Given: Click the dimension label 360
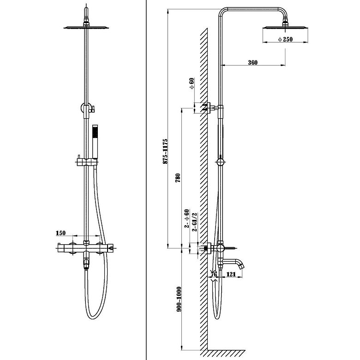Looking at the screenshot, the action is click(x=253, y=62).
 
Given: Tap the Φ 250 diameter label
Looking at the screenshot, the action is click(x=285, y=39).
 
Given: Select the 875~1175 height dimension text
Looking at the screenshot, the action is click(x=165, y=151).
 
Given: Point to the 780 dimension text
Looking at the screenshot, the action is click(x=178, y=178).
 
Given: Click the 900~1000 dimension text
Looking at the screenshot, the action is click(x=179, y=299).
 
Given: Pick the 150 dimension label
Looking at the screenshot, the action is click(x=60, y=233).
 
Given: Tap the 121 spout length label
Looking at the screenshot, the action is click(x=231, y=274).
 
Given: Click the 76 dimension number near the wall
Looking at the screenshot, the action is click(x=214, y=274).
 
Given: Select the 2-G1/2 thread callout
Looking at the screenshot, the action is click(x=194, y=222).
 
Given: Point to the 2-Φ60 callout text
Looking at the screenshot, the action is click(x=187, y=218).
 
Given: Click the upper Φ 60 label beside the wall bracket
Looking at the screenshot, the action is click(x=192, y=84).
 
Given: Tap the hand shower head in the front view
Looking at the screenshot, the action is click(x=95, y=142).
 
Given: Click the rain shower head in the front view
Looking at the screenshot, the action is click(x=86, y=28).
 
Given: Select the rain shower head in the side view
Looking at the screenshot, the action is click(x=285, y=28).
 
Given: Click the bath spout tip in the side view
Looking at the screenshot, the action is click(x=241, y=266).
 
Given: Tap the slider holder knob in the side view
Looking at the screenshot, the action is click(x=220, y=162).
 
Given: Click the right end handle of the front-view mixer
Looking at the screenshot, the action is click(x=110, y=248).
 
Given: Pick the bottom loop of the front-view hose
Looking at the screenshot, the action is click(x=93, y=316).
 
